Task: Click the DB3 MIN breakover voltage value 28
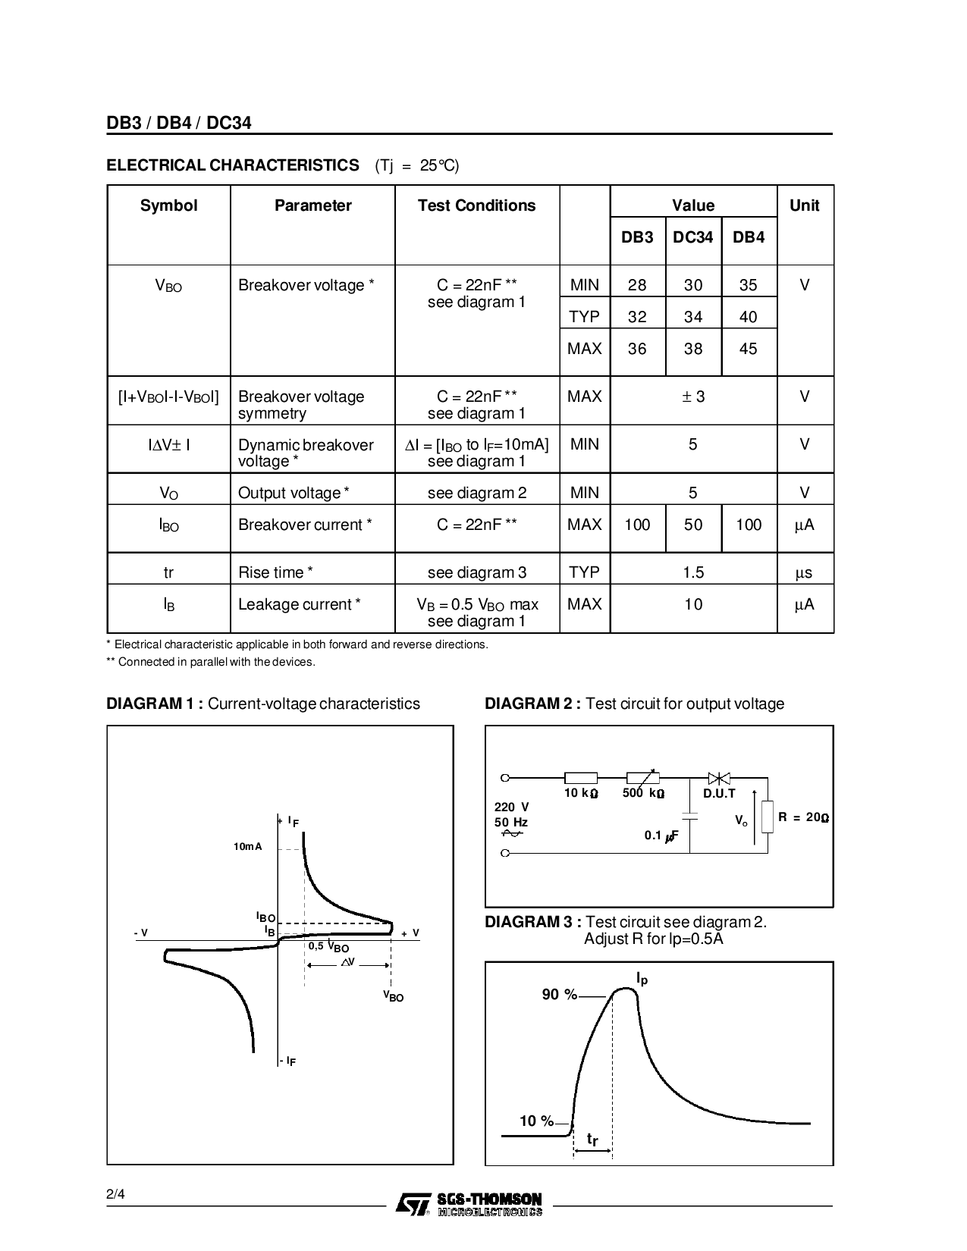[x=637, y=285]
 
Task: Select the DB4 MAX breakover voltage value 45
[x=748, y=349]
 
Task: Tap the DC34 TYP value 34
[x=692, y=317]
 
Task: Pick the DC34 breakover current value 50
[x=692, y=525]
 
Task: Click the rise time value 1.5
[x=693, y=572]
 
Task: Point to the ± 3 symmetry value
[x=693, y=397]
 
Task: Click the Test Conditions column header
[x=476, y=205]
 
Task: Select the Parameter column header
[x=312, y=205]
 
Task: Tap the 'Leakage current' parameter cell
[x=299, y=604]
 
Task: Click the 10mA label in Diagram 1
[x=248, y=846]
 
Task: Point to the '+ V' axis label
[x=410, y=933]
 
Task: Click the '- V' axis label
[x=140, y=933]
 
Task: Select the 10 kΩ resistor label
[x=581, y=794]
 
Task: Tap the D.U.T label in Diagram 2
[x=719, y=794]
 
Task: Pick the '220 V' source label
[x=511, y=807]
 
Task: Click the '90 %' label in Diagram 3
[x=560, y=995]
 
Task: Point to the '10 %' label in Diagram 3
[x=537, y=1121]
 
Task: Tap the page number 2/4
[x=115, y=1195]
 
